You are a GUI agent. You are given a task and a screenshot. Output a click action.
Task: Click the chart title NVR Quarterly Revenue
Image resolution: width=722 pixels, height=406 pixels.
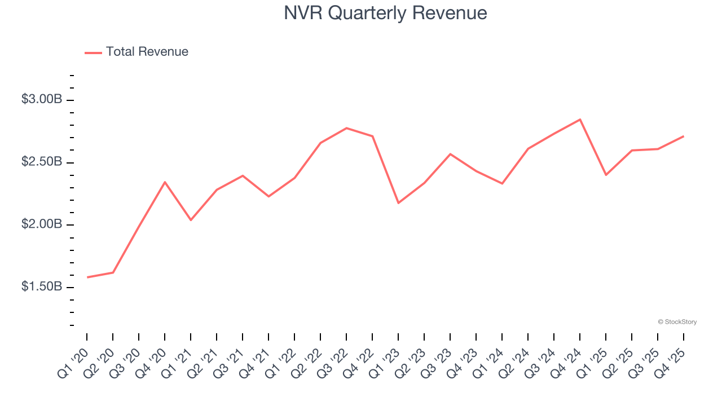(x=385, y=13)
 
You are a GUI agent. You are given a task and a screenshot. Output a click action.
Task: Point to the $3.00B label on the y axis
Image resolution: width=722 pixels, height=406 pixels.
(x=42, y=99)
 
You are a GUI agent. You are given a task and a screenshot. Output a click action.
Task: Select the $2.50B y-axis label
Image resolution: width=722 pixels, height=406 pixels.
(x=42, y=162)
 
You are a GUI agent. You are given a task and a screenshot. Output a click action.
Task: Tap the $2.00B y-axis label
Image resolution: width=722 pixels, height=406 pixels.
(x=42, y=224)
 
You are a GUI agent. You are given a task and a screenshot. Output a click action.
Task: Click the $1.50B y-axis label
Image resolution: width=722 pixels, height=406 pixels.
(x=42, y=286)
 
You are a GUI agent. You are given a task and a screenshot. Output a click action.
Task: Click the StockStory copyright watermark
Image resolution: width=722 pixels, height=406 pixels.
(x=677, y=322)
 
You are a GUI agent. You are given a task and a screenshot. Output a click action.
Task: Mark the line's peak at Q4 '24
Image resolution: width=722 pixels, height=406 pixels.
(x=580, y=120)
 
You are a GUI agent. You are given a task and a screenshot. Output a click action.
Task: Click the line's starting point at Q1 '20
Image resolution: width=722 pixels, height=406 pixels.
(x=87, y=277)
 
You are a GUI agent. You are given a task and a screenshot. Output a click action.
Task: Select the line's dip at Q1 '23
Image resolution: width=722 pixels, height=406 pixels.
(x=398, y=203)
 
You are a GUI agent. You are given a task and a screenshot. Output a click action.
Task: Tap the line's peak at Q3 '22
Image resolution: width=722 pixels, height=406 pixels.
(x=346, y=128)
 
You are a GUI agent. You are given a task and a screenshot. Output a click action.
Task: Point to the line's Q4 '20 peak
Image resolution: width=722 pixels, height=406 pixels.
(x=165, y=182)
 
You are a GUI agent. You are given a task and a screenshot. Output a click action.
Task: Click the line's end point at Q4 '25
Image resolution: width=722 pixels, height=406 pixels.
(x=684, y=136)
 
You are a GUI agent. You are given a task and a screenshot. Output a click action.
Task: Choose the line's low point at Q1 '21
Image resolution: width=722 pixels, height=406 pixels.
(x=191, y=220)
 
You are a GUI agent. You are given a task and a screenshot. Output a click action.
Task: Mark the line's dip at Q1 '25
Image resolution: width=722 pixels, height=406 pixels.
(x=606, y=175)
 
